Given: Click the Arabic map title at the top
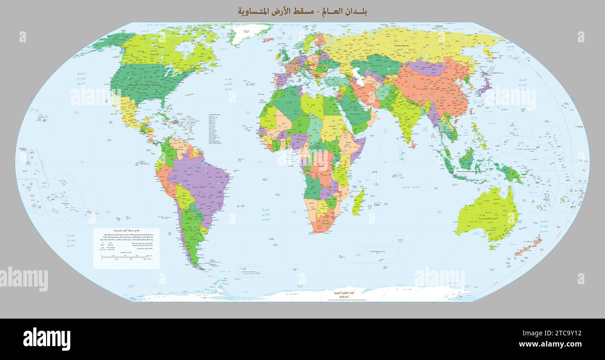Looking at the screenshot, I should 302,11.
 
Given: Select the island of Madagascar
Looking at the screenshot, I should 357,202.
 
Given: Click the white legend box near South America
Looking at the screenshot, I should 126,248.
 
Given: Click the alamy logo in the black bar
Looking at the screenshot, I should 47,339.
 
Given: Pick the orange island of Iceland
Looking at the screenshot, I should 269,40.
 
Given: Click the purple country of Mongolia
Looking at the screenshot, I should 426,67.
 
